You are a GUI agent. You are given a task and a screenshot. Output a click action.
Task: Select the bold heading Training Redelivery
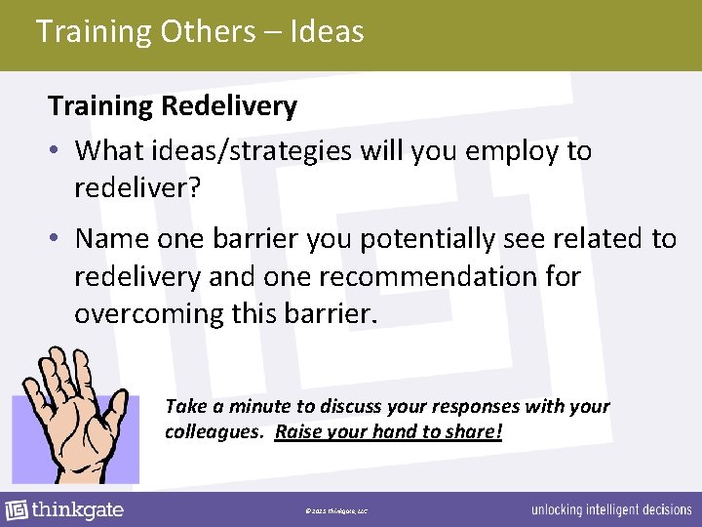pos(173,105)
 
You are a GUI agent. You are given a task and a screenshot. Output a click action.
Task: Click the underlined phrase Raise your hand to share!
pos(388,430)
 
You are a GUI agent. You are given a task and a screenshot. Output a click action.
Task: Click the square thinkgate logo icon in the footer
pos(16,510)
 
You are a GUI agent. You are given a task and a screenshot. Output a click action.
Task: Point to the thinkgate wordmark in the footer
pos(78,509)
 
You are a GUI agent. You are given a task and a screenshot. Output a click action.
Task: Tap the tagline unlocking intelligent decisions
pos(611,510)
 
